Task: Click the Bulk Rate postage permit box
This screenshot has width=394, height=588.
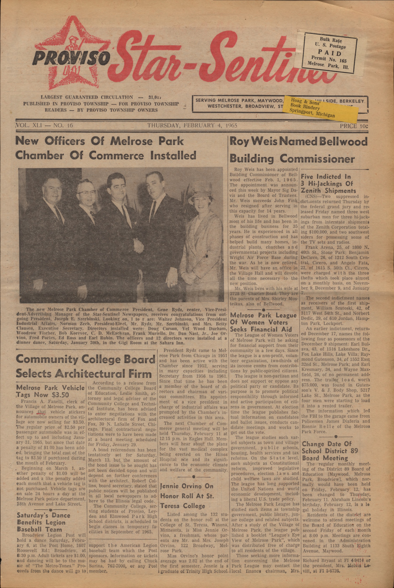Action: pyautogui.click(x=329, y=53)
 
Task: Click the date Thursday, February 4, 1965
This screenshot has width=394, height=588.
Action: pyautogui.click(x=192, y=125)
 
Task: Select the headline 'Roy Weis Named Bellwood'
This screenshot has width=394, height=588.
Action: pyautogui.click(x=298, y=142)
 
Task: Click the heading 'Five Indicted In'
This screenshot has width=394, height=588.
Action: pyautogui.click(x=326, y=176)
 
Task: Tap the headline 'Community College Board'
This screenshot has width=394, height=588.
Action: pyautogui.click(x=85, y=359)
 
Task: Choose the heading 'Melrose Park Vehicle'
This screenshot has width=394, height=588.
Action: pyautogui.click(x=50, y=388)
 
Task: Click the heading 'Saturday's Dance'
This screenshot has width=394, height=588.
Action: pyautogui.click(x=44, y=515)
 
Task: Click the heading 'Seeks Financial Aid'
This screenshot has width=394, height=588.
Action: pyautogui.click(x=261, y=329)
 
